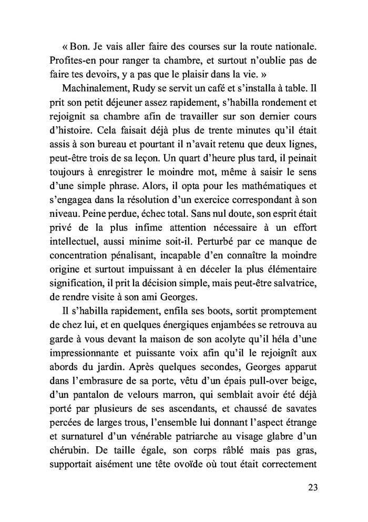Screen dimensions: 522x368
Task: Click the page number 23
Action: coord(312,487)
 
